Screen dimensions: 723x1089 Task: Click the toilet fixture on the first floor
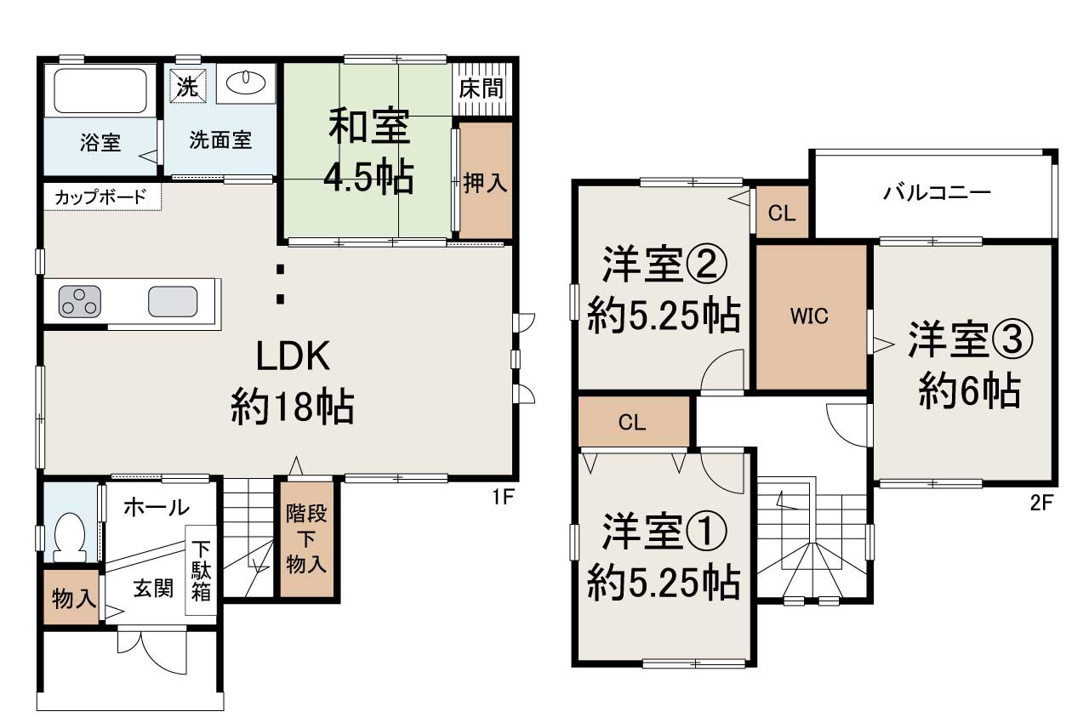(70, 536)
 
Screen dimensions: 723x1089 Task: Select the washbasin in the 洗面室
(246, 84)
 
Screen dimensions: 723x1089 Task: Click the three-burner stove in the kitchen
(79, 302)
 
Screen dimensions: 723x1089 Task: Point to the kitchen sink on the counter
(173, 301)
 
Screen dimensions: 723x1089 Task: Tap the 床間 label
(481, 88)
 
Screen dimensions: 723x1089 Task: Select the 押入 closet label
(486, 181)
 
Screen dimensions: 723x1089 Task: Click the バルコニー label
(936, 192)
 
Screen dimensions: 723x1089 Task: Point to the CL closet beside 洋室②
(781, 213)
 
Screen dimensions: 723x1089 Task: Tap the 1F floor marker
(503, 497)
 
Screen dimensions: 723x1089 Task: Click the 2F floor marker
(1042, 502)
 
